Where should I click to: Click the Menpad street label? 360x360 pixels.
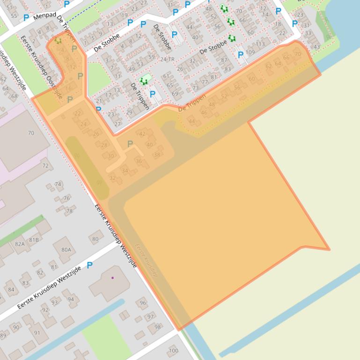(x=44, y=18)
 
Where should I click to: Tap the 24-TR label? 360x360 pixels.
(x=167, y=59)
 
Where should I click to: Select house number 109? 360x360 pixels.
(x=250, y=52)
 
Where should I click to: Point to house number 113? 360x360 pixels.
(x=260, y=44)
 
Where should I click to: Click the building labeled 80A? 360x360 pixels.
(x=66, y=250)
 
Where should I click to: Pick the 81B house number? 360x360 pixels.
(x=34, y=240)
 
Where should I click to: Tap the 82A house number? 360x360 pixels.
(x=20, y=244)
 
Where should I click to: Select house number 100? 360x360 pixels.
(x=173, y=350)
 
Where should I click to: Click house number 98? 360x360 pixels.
(x=157, y=327)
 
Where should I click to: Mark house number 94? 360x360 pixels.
(x=71, y=299)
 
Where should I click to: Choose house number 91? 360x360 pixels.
(x=37, y=333)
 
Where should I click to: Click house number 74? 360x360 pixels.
(x=58, y=184)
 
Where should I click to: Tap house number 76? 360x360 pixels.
(x=66, y=198)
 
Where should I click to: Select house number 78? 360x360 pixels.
(x=69, y=211)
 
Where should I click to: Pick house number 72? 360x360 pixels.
(x=45, y=166)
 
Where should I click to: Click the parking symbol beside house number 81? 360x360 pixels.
(x=89, y=265)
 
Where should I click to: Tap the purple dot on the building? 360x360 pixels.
(x=112, y=278)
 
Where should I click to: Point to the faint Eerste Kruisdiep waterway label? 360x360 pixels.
(x=146, y=260)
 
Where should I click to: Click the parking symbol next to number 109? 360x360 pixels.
(x=241, y=55)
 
